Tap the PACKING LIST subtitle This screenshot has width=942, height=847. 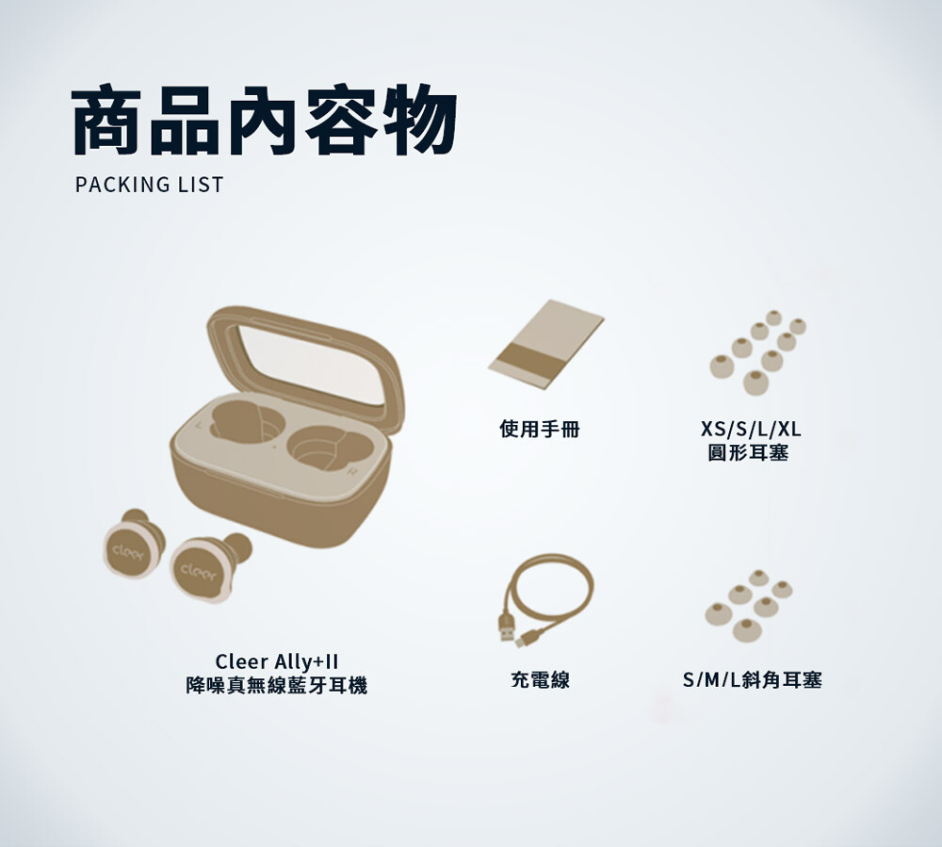coord(149,185)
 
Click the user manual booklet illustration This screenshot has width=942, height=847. coord(545,344)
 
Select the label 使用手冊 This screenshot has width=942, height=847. coord(540,429)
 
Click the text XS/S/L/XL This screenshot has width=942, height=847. coord(751,429)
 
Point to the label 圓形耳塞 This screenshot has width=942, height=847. coord(748,452)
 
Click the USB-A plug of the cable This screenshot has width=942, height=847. coord(507,627)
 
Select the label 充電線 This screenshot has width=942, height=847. coord(540,679)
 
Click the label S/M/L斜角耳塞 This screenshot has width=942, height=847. coord(752,679)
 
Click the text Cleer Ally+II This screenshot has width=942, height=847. coord(276,661)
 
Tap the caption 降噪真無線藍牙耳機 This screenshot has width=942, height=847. coord(276,685)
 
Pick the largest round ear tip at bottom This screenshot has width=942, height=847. coord(755,383)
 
